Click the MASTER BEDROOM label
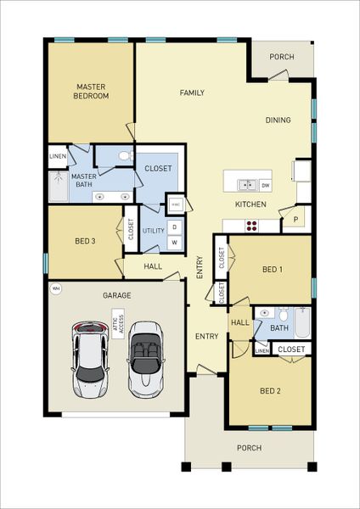pos(92,91)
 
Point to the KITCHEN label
pos(250,204)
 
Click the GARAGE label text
pos(115,296)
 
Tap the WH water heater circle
pos(56,288)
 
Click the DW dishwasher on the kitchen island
pos(266,184)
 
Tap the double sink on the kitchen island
pos(247,184)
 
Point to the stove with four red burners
pos(252,226)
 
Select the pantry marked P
pos(295,218)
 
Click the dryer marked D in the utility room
pos(174,227)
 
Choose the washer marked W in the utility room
pos(174,243)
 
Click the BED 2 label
pos(270,391)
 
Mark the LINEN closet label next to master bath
pos(58,156)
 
